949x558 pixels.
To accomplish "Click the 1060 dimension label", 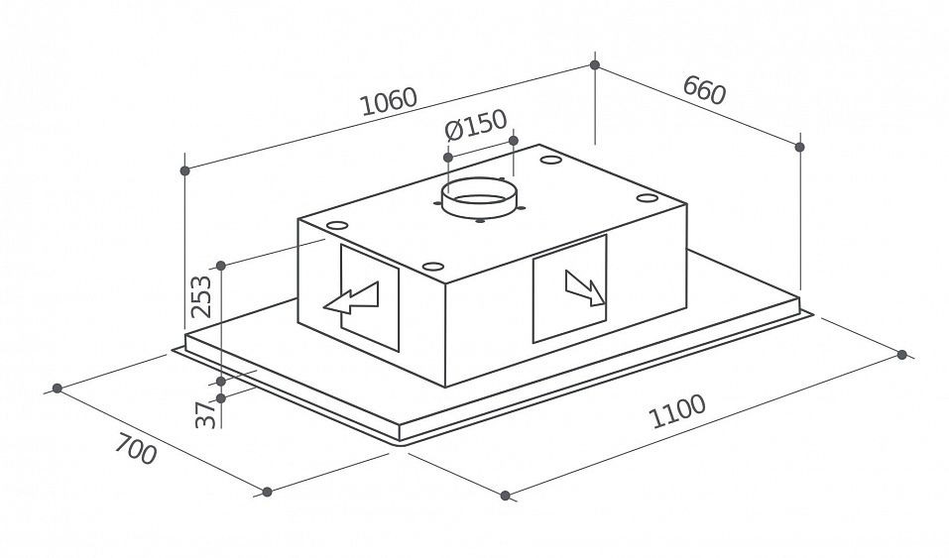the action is [x=389, y=102].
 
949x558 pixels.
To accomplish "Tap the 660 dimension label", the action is [x=704, y=90].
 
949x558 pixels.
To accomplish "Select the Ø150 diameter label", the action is [x=475, y=124].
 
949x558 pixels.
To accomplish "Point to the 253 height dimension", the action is [x=201, y=296].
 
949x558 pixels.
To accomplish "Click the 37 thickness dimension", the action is [x=206, y=414].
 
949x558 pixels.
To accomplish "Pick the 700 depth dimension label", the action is [x=136, y=449].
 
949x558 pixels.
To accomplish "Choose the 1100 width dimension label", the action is [x=677, y=411].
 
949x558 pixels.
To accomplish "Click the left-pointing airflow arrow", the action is [x=352, y=298].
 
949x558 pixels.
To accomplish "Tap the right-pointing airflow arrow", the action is [x=585, y=288].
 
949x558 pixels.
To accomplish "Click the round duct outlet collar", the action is [x=479, y=198].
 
